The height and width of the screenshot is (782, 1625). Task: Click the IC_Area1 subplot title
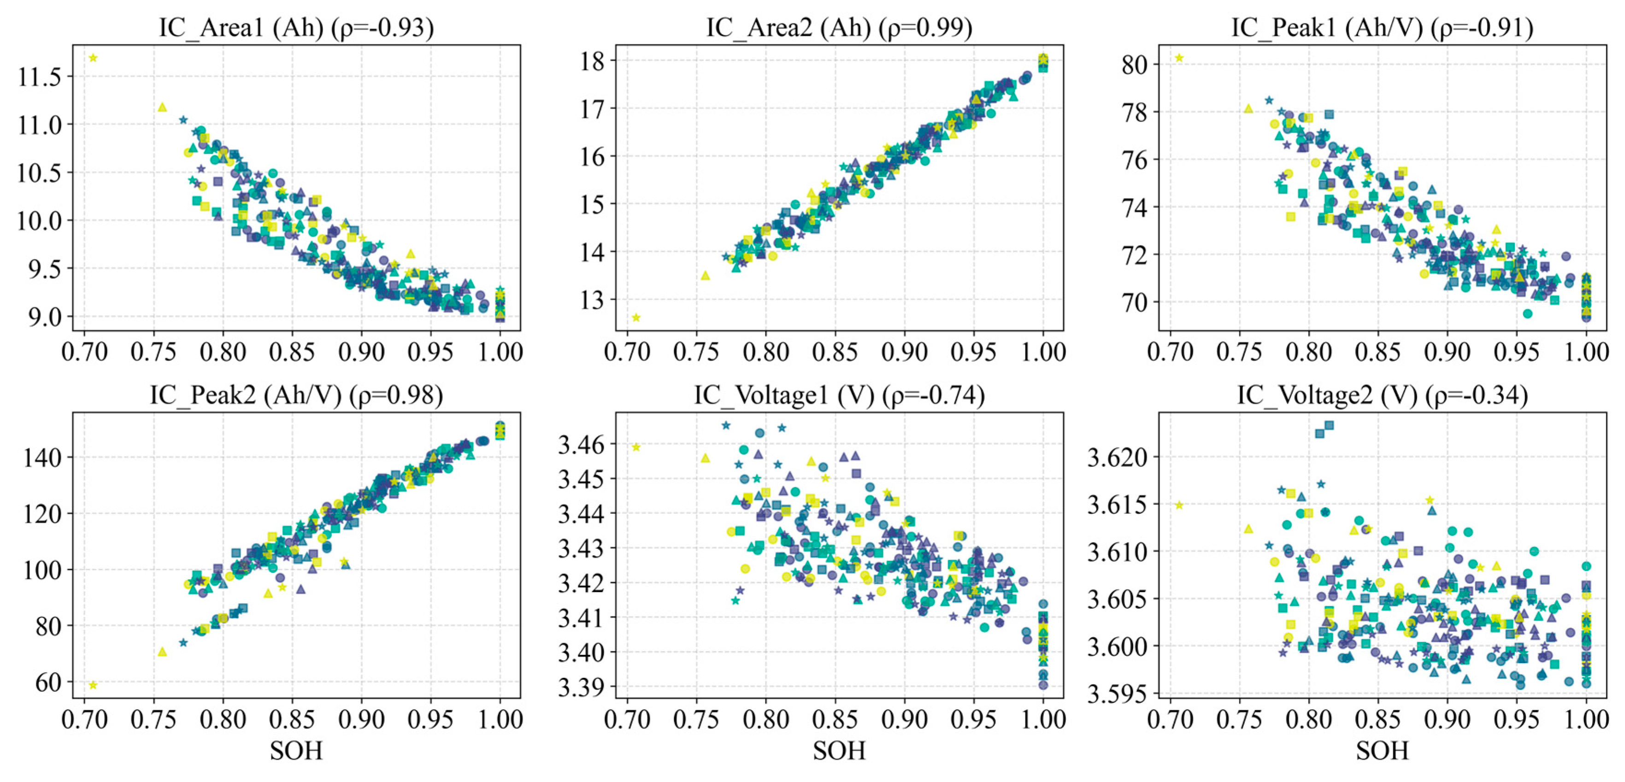[x=296, y=27]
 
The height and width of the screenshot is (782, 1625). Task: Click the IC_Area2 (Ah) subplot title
[x=839, y=27]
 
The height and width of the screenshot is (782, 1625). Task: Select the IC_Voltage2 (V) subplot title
[x=1382, y=395]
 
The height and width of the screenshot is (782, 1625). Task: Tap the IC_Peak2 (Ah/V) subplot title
[x=296, y=395]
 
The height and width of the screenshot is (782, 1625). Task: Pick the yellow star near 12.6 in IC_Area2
[x=636, y=317]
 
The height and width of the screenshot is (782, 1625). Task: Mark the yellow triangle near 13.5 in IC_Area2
[x=705, y=276]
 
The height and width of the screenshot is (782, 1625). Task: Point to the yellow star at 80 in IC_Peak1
[x=1179, y=58]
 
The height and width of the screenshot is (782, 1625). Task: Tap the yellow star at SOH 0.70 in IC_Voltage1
[x=636, y=447]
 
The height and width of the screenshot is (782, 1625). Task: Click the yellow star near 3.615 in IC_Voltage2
[x=1179, y=505]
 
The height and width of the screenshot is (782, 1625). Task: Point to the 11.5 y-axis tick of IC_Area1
[x=40, y=77]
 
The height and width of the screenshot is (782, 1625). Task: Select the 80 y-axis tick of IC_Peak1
[x=1135, y=65]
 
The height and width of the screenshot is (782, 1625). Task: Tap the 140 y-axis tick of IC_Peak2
[x=42, y=457]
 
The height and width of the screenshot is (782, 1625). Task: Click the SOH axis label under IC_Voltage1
[x=839, y=751]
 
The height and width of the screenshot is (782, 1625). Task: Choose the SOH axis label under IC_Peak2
[x=296, y=751]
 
